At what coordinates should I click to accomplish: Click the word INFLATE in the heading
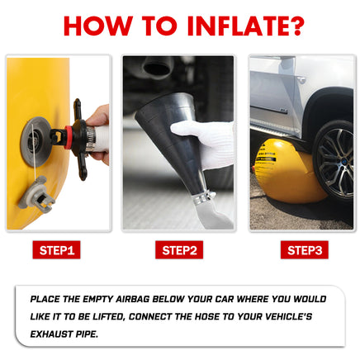point(236,26)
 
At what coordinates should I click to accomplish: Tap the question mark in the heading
point(295,26)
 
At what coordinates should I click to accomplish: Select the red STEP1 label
point(56,250)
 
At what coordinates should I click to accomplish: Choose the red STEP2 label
point(179,250)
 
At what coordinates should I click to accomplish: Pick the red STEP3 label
point(305,250)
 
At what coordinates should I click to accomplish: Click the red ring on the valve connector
point(69,137)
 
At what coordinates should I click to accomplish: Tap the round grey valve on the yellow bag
point(35,141)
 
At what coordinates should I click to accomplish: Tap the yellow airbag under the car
point(287,171)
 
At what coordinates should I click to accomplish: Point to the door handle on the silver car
point(301,80)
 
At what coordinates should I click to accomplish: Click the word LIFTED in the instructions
point(108,317)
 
